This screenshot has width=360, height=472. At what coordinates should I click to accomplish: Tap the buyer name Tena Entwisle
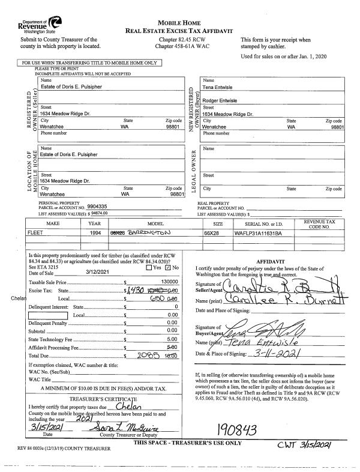(x=220, y=87)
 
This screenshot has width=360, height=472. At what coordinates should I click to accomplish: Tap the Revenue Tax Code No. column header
(x=324, y=224)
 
